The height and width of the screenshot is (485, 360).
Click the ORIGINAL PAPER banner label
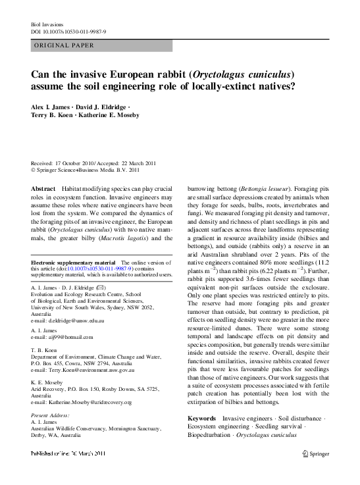pyautogui.click(x=63, y=45)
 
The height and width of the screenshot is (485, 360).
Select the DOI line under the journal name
pyautogui.click(x=69, y=32)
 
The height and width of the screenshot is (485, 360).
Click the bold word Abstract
pyautogui.click(x=43, y=188)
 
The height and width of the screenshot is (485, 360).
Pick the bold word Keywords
pyautogui.click(x=201, y=418)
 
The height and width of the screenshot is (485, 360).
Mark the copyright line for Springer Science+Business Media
pyautogui.click(x=86, y=169)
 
